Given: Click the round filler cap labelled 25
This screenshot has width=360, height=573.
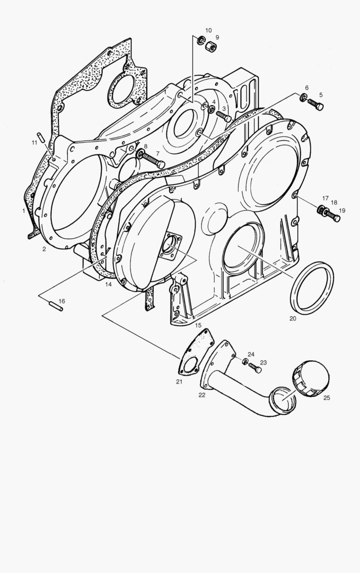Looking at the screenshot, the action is (310, 379).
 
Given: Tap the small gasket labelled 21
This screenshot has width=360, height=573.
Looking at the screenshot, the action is (196, 352).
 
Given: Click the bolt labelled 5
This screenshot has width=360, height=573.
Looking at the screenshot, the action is (315, 104).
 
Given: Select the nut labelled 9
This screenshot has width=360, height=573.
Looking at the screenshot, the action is (211, 46).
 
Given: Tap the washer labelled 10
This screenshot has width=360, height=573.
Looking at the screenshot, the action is (201, 40).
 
